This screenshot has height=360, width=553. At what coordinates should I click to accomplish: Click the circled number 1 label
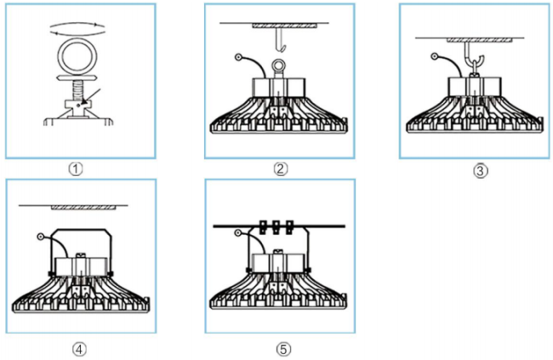tap(76, 169)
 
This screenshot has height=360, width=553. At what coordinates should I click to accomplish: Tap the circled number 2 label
tap(281, 169)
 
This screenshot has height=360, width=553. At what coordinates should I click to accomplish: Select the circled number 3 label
tap(481, 171)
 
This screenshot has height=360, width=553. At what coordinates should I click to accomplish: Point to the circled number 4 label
tap(79, 350)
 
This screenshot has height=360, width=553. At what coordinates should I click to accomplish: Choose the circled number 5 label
tap(283, 350)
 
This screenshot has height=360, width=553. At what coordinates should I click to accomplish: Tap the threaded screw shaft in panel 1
tap(77, 90)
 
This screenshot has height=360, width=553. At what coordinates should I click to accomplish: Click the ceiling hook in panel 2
tap(281, 39)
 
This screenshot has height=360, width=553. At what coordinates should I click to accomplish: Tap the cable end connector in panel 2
tap(239, 57)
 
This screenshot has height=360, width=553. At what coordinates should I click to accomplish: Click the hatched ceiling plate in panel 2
tap(285, 26)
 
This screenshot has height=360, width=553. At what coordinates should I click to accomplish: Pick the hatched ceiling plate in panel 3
tap(480, 40)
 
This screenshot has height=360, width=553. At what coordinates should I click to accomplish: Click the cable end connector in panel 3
tap(435, 56)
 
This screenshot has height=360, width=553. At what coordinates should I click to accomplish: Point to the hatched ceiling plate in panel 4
tap(83, 208)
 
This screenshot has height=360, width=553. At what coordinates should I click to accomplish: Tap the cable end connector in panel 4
tap(41, 237)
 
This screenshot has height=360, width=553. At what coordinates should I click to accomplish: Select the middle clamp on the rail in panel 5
tap(276, 227)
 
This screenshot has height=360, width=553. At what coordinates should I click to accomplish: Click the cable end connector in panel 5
tap(238, 232)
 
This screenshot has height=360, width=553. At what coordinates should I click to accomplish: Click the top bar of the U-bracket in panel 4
tap(82, 230)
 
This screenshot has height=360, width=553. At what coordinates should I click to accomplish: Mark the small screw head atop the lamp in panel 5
tap(278, 251)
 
